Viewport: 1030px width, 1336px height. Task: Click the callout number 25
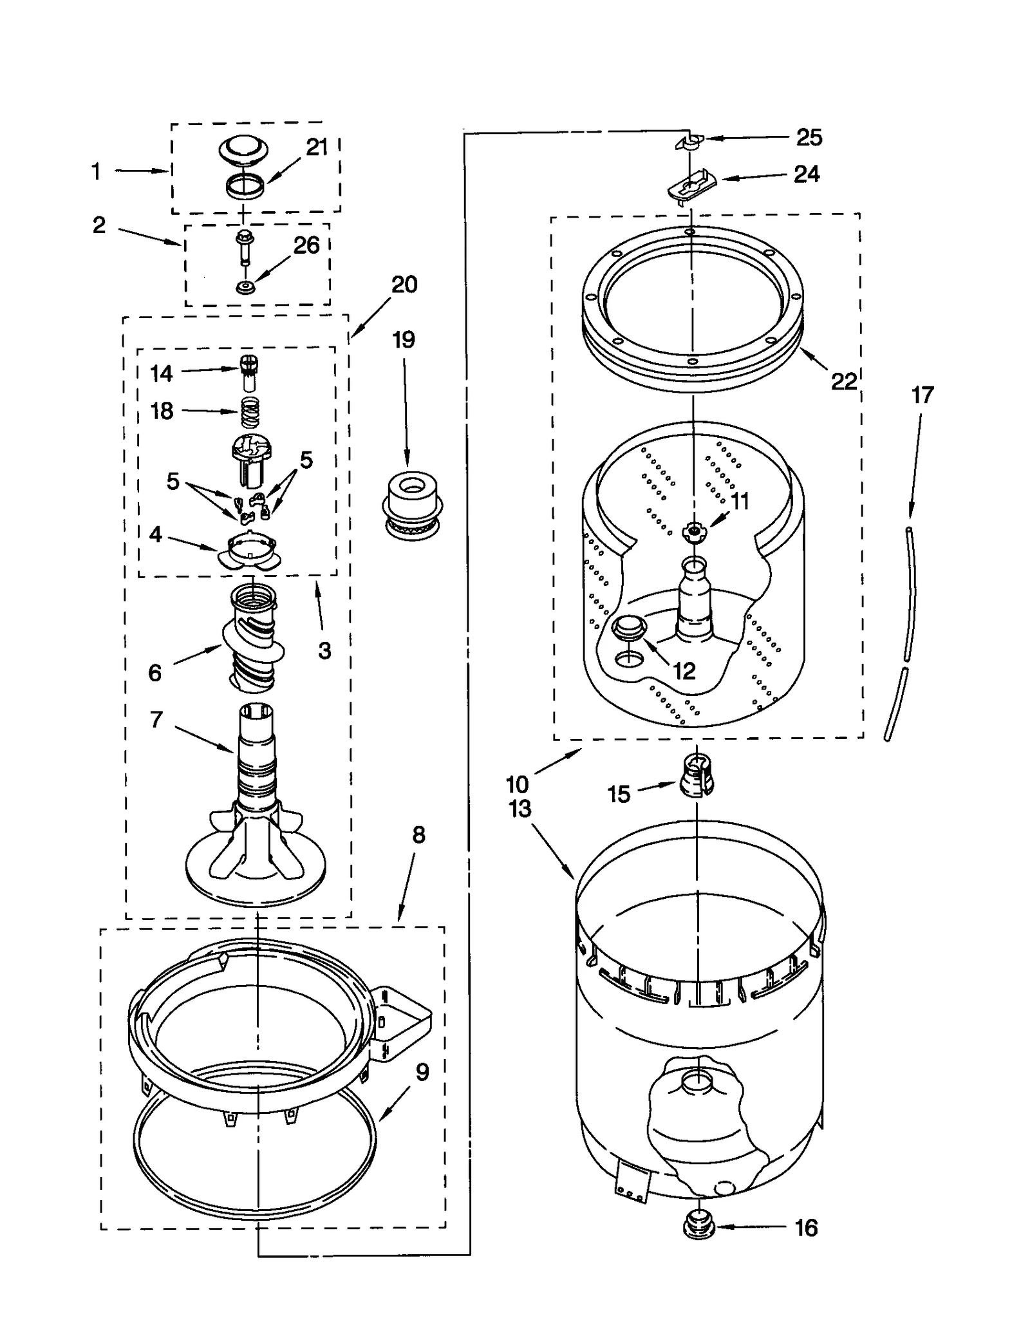click(809, 137)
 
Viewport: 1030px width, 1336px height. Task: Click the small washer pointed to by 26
click(244, 287)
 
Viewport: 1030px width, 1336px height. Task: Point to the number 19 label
click(404, 339)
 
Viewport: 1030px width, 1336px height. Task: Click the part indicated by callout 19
click(411, 507)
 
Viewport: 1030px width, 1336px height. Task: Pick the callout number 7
click(156, 719)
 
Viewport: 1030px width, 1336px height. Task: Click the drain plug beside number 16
click(699, 1227)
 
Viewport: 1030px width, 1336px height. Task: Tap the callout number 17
click(922, 395)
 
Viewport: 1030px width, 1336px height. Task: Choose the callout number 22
click(843, 381)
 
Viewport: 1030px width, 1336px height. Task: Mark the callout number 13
click(520, 809)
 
